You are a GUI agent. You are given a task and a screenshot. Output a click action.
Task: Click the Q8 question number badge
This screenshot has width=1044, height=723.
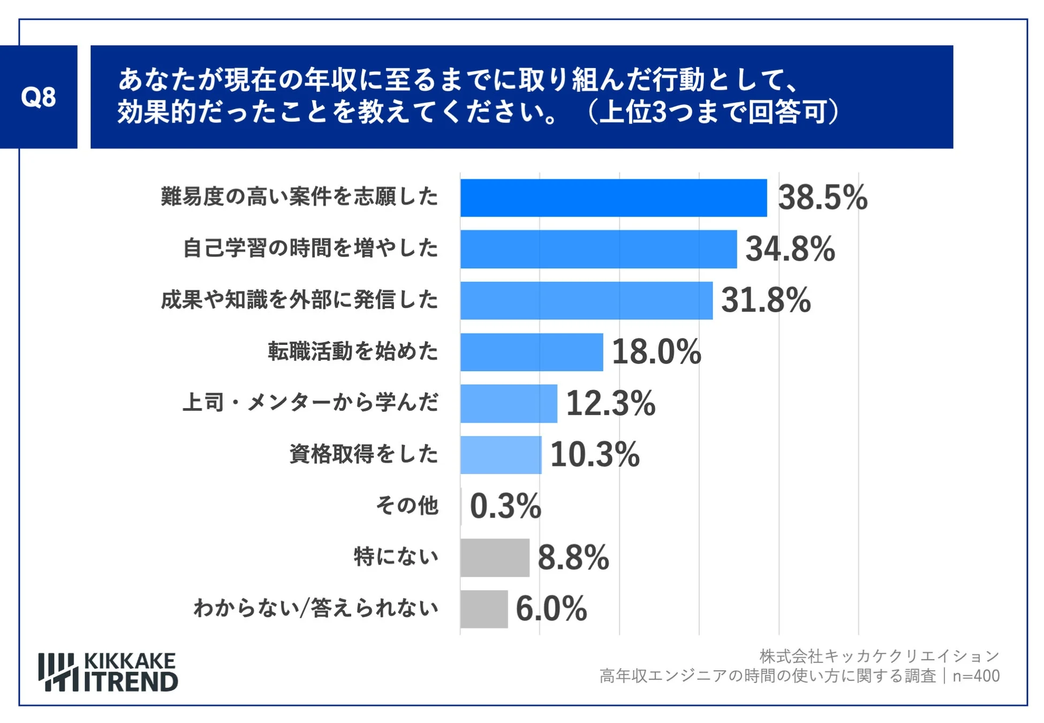pyautogui.click(x=39, y=97)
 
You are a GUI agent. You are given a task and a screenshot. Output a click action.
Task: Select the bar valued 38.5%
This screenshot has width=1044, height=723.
pyautogui.click(x=613, y=198)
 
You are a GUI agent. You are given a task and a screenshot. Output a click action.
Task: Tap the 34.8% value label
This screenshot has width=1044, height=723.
pyautogui.click(x=790, y=249)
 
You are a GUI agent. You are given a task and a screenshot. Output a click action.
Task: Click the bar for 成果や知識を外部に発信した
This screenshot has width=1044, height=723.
pyautogui.click(x=586, y=300)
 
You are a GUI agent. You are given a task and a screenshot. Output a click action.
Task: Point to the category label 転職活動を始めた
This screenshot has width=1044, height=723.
pyautogui.click(x=353, y=351)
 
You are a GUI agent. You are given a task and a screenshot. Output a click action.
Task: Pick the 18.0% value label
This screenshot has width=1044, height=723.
pyautogui.click(x=656, y=352)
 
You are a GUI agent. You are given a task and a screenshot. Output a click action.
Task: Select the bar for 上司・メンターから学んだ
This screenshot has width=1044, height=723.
pyautogui.click(x=509, y=403)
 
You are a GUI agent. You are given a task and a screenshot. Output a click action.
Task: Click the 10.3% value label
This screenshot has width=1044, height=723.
pyautogui.click(x=594, y=455)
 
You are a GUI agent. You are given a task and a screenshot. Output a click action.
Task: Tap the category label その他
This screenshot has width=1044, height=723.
pyautogui.click(x=407, y=505)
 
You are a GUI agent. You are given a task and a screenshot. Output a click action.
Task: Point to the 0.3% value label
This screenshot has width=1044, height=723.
pyautogui.click(x=505, y=506)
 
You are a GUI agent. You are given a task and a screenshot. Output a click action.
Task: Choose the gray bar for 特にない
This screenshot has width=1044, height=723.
pyautogui.click(x=495, y=558)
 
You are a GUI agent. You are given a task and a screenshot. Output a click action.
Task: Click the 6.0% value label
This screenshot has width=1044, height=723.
pyautogui.click(x=551, y=609)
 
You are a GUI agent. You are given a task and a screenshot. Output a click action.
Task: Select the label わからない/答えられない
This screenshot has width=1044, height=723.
pyautogui.click(x=316, y=608)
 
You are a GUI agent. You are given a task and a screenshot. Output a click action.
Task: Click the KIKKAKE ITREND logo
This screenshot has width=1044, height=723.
pyautogui.click(x=108, y=672)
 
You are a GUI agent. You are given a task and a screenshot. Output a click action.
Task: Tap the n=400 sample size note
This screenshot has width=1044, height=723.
pyautogui.click(x=976, y=676)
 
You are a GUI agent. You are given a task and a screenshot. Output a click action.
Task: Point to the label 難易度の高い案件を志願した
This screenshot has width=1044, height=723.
pyautogui.click(x=299, y=197)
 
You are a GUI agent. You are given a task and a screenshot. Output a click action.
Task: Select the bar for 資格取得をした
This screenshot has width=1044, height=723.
pyautogui.click(x=501, y=455)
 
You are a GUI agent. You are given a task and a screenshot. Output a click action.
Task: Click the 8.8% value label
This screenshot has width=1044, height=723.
pyautogui.click(x=573, y=558)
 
